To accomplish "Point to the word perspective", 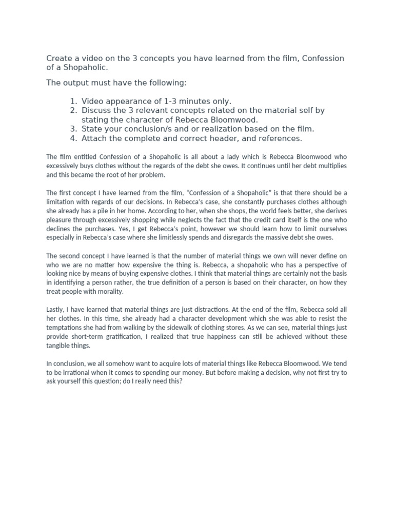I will click(327, 265).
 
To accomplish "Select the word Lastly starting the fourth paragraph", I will click(57, 310).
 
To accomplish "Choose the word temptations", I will click(66, 328).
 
